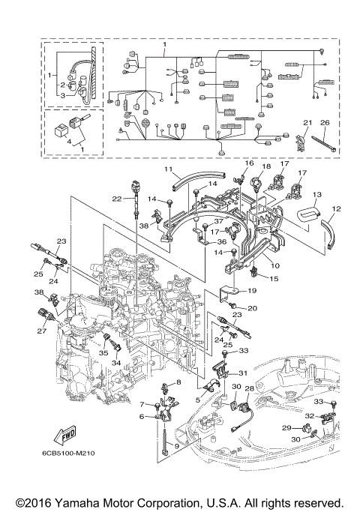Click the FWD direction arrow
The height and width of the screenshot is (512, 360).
(66, 436)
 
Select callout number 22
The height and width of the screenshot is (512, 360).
(116, 199)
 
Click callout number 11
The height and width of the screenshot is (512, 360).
(168, 169)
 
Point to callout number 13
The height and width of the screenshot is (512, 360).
(317, 195)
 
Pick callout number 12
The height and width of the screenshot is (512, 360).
(337, 208)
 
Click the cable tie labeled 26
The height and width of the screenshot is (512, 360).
(324, 144)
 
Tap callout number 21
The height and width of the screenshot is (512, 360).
(307, 123)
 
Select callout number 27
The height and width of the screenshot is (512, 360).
(41, 331)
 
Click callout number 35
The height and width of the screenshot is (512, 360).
(103, 353)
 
